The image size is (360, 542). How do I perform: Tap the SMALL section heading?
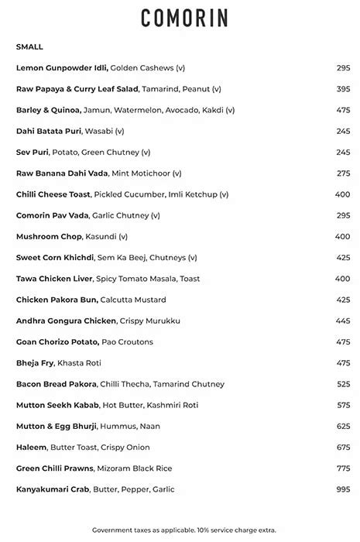click(29, 47)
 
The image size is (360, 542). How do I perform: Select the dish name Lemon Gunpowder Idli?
click(62, 68)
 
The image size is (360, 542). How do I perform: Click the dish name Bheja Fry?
click(35, 363)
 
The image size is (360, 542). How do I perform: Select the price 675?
click(343, 448)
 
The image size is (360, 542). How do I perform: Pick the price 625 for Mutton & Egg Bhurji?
click(343, 426)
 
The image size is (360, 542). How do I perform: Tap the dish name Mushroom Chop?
click(49, 236)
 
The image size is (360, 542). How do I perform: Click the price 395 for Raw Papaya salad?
click(343, 89)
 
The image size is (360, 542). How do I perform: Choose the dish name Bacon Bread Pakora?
click(57, 384)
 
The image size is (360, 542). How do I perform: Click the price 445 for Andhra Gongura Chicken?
click(343, 321)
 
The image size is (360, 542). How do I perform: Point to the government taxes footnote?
click(183, 530)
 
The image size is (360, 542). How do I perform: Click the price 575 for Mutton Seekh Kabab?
click(343, 405)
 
